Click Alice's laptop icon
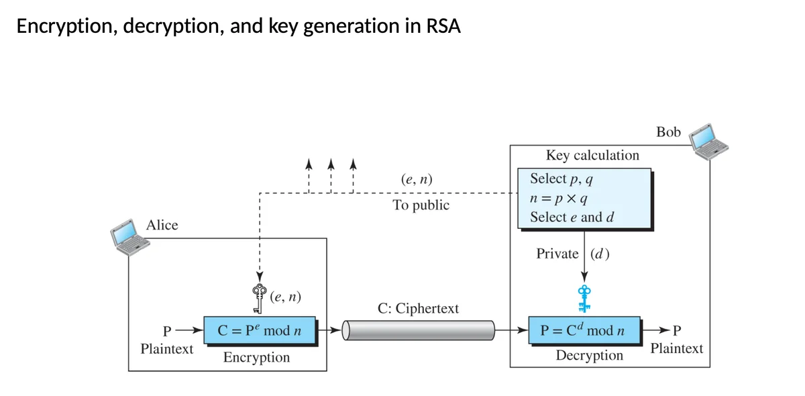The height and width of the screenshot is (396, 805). click(129, 237)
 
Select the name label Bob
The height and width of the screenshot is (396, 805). click(668, 132)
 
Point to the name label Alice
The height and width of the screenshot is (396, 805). click(162, 226)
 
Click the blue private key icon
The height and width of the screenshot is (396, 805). click(584, 297)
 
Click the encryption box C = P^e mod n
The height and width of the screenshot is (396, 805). click(260, 331)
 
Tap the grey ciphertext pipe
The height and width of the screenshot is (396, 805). click(419, 330)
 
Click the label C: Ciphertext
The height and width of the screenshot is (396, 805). click(418, 309)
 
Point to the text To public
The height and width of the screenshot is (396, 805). click(421, 205)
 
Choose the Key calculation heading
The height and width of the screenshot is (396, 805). click(592, 155)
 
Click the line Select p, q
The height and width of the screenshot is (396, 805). click(561, 179)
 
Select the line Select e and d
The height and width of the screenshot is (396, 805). click(572, 217)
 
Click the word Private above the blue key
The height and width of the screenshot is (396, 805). click(557, 254)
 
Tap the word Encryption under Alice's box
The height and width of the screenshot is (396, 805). click(256, 357)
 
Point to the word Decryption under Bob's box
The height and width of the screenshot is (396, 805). click(589, 355)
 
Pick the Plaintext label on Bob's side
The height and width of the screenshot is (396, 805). click(677, 348)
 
